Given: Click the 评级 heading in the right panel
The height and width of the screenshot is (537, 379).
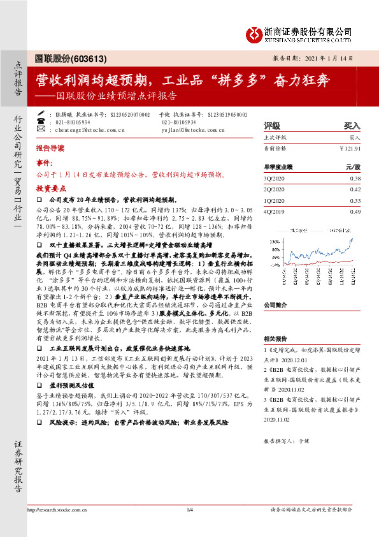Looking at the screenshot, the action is click(x=271, y=126).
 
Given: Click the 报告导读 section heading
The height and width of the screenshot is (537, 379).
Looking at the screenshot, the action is click(x=50, y=147).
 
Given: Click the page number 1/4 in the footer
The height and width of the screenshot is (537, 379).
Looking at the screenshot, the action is click(x=189, y=509).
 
